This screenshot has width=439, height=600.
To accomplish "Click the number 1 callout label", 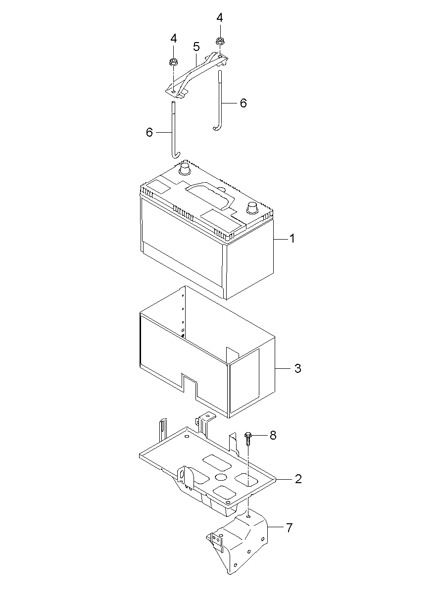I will click(292, 239).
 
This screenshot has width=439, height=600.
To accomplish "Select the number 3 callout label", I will click(297, 368).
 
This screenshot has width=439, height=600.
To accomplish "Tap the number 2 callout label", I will click(298, 479).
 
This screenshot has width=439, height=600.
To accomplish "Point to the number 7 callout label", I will click(289, 527).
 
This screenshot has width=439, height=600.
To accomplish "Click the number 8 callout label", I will click(273, 435).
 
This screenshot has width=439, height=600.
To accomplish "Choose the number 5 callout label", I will click(196, 47).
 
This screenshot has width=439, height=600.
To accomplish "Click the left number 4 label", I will click(174, 38).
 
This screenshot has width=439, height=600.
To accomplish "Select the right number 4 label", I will click(219, 18).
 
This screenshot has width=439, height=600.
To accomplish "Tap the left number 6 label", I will click(149, 132).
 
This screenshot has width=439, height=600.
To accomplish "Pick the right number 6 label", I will click(243, 103).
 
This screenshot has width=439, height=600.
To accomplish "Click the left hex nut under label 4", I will click(174, 62).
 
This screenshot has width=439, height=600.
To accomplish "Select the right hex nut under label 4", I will click(219, 42).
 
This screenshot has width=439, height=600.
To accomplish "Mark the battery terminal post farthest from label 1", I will click(185, 169).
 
